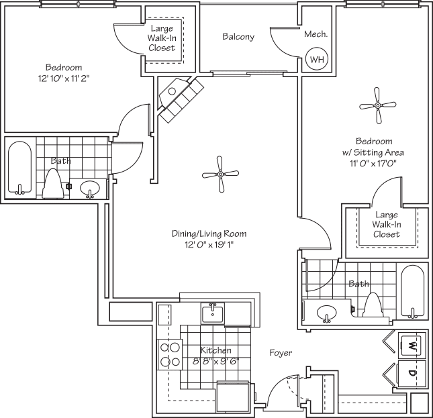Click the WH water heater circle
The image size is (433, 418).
(x=315, y=59)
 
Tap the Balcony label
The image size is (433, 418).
(x=238, y=37)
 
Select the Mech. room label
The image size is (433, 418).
(x=316, y=34)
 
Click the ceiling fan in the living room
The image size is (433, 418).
(x=220, y=174)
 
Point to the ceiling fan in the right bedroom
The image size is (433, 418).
(x=378, y=105)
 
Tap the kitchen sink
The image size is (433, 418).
(x=212, y=312)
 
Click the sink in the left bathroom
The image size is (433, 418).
(x=90, y=189)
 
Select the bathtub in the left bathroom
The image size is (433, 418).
(x=19, y=168)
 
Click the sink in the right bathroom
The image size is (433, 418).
(x=327, y=313)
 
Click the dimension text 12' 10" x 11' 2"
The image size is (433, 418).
(x=63, y=79)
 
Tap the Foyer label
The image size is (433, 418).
(x=281, y=353)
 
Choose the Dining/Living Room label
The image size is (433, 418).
(x=209, y=234)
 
